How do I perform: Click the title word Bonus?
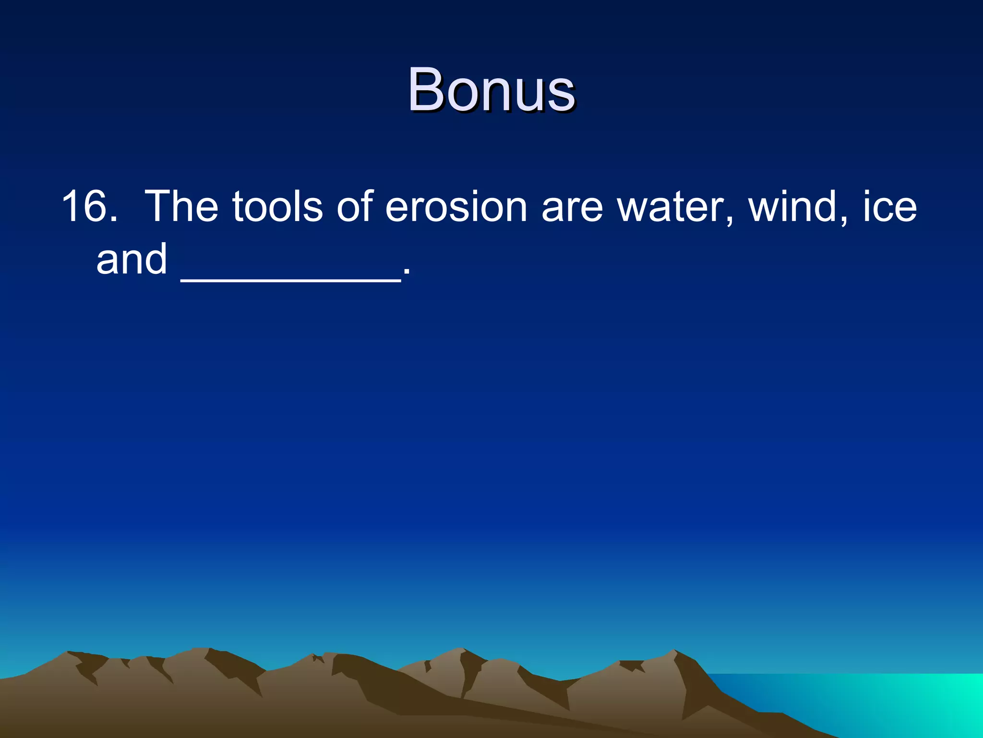pos(491,90)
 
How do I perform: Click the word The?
pos(181,206)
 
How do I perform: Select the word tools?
pos(277,206)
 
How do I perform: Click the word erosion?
pos(456,207)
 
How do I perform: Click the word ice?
pos(890,206)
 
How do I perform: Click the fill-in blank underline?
pos(290,281)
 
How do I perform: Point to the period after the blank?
pos(407,273)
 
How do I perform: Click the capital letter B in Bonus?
pos(427,90)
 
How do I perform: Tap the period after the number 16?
pos(113,219)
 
